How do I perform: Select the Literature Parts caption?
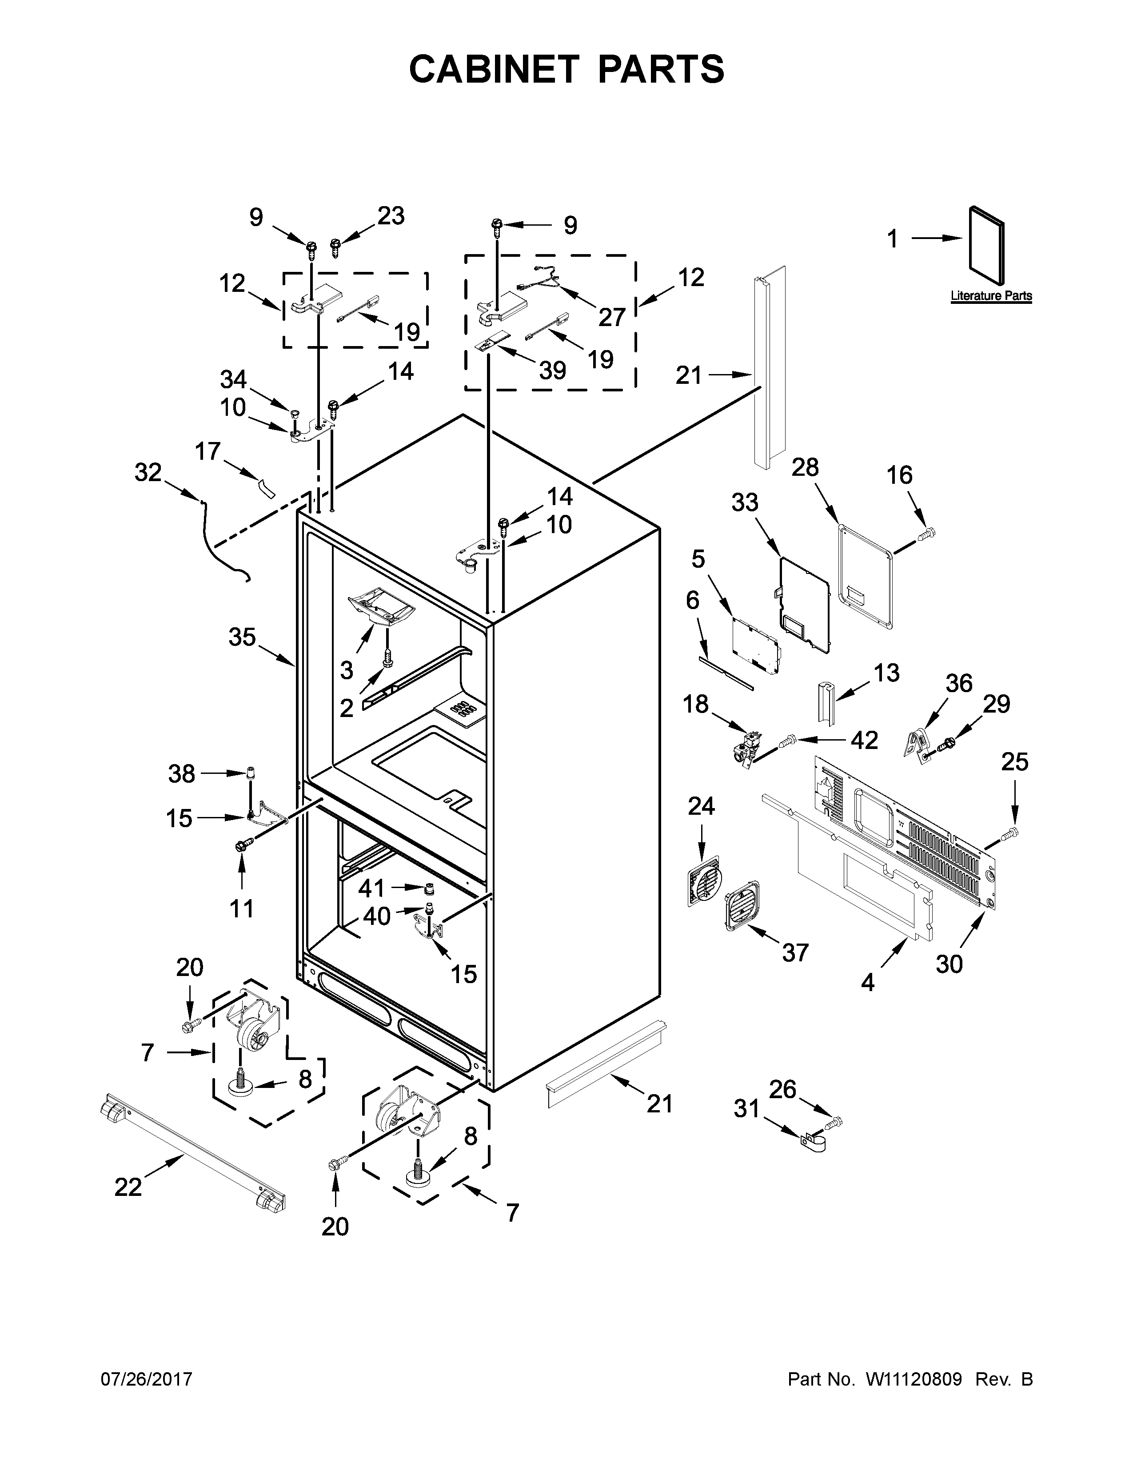coord(991,296)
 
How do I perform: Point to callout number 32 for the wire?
coord(148,473)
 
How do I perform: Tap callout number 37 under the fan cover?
coord(795,952)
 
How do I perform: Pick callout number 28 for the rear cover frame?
coord(805,467)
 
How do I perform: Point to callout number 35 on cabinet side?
coord(242,636)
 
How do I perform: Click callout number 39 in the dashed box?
coord(552,370)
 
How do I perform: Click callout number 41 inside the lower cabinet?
coord(371,888)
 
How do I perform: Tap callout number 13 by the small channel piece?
coord(886,673)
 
